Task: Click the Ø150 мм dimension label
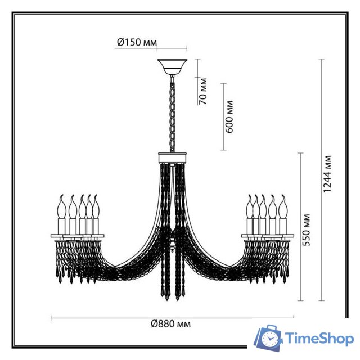pyautogui.click(x=137, y=42)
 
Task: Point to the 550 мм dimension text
pyautogui.click(x=306, y=229)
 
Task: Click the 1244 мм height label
pyautogui.click(x=327, y=174)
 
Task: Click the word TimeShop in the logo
pyautogui.click(x=318, y=339)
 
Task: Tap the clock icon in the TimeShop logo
pyautogui.click(x=271, y=339)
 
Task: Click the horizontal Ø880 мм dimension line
pyautogui.click(x=112, y=318)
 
